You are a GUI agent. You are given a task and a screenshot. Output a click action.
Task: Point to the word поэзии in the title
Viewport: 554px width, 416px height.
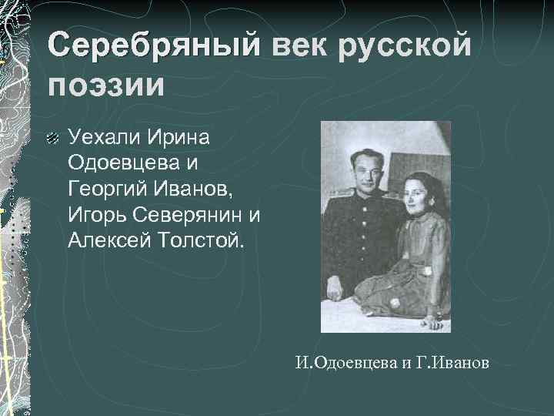click(105, 84)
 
